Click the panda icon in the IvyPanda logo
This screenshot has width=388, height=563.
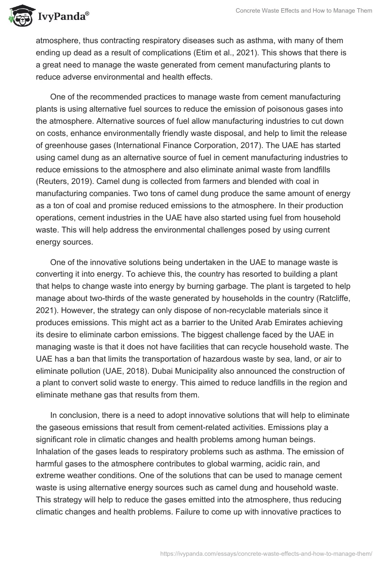point(18,17)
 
